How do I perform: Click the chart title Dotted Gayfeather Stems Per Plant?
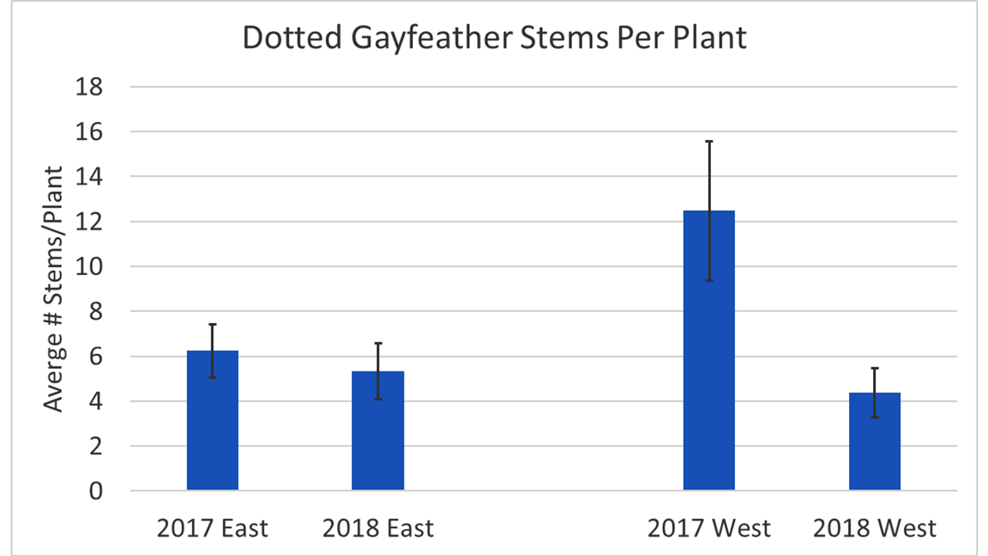pos(494,37)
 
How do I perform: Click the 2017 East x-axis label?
pos(212,529)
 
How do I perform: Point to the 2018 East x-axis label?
pos(377,529)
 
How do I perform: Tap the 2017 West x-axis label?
pos(709,529)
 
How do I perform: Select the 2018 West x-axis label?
pos(875,529)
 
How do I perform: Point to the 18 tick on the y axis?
pos(90,87)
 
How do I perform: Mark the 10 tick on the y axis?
pos(90,266)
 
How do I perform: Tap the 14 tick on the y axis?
pos(90,177)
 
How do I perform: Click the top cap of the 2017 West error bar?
pos(709,141)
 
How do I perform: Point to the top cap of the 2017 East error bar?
pos(212,324)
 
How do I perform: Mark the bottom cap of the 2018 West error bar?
pos(875,417)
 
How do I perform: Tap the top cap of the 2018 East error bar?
pos(377,343)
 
